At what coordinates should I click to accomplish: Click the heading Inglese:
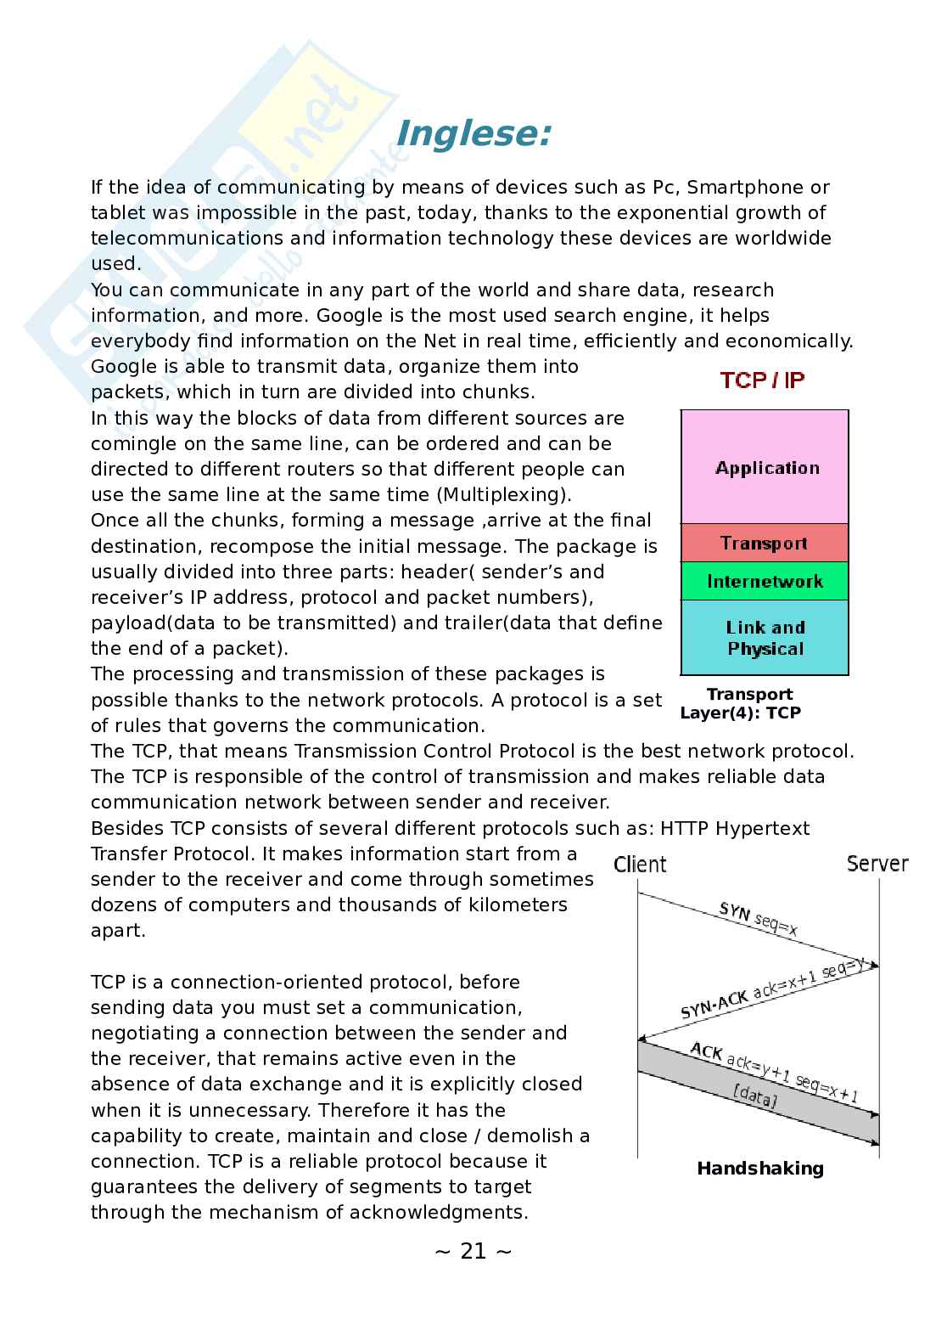click(473, 134)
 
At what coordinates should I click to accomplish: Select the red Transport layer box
click(765, 543)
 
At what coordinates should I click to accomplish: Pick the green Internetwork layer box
click(765, 582)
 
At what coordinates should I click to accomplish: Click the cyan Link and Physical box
click(765, 638)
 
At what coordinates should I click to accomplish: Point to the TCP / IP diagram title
click(762, 380)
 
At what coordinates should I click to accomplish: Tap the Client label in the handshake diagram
click(640, 865)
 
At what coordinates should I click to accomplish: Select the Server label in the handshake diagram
click(877, 864)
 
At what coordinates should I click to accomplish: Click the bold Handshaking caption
click(760, 1169)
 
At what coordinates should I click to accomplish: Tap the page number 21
click(473, 1251)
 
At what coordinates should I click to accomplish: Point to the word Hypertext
click(763, 828)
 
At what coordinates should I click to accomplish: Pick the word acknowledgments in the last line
click(451, 1213)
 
